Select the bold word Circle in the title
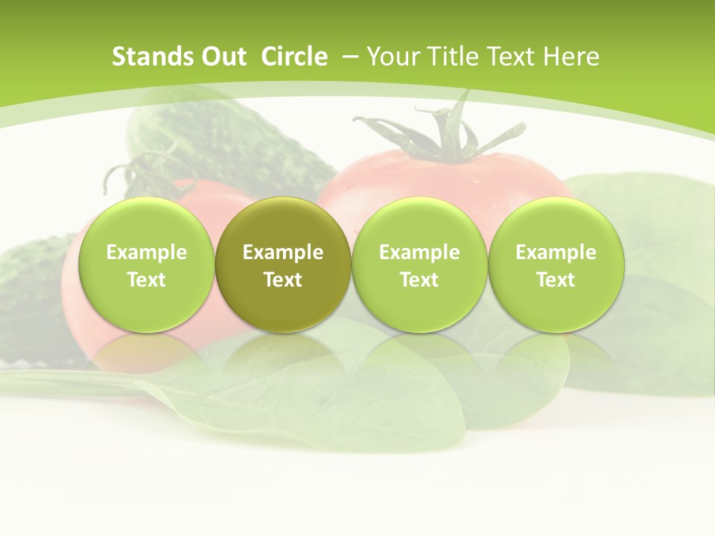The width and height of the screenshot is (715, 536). click(x=294, y=57)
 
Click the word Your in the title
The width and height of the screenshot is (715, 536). click(x=391, y=57)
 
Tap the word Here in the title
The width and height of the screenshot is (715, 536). click(x=573, y=57)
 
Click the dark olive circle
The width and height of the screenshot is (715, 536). click(x=283, y=223)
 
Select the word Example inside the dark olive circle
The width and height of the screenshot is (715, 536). click(x=283, y=252)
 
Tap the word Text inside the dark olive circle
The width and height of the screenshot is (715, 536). click(x=283, y=280)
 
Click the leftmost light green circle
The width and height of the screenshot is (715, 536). click(x=147, y=223)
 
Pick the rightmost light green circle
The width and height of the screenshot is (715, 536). click(x=556, y=223)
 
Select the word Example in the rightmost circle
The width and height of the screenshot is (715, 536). click(x=556, y=252)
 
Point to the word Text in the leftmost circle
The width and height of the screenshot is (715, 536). click(x=147, y=280)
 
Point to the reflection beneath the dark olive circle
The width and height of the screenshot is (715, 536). click(x=283, y=354)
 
